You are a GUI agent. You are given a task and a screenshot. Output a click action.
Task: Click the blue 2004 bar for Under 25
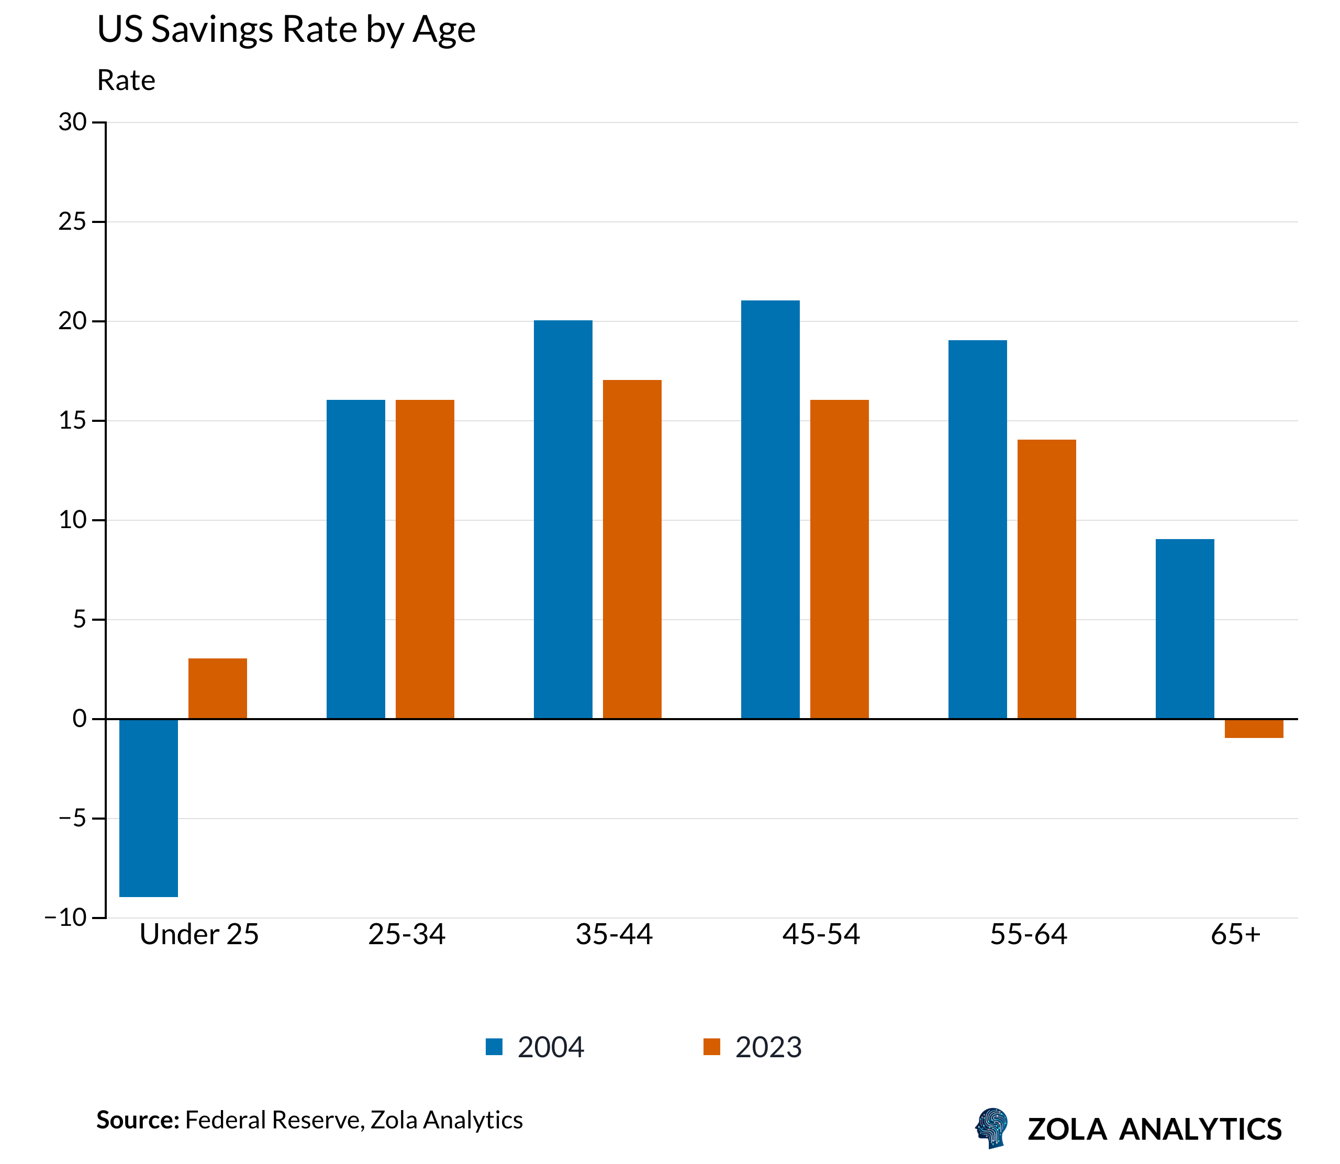[x=149, y=808]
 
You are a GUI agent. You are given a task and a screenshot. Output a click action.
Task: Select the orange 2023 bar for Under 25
[x=218, y=689]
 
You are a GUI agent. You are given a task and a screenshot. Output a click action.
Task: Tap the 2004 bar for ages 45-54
[x=770, y=510]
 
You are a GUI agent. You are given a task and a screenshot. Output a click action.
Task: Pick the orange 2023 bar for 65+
[x=1254, y=728]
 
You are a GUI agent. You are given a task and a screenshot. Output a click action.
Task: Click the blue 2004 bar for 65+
[x=1185, y=629]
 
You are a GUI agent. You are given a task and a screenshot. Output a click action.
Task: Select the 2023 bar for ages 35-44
[x=632, y=550]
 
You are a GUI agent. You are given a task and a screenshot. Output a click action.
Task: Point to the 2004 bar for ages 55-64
[x=978, y=529]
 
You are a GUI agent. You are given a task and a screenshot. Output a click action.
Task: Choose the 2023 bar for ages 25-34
[x=425, y=559]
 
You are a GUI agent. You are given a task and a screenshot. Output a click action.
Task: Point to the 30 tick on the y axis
[x=73, y=122]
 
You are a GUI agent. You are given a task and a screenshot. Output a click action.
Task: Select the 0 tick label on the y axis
[x=79, y=719]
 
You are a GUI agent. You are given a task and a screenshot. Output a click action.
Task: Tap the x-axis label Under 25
[x=199, y=935]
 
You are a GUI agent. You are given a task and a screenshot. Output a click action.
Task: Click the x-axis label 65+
[x=1235, y=935]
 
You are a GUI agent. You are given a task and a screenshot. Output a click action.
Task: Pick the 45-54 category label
[x=821, y=935]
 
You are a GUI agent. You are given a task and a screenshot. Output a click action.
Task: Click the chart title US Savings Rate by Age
[x=286, y=30]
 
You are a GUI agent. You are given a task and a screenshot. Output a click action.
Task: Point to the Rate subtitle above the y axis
[x=126, y=81]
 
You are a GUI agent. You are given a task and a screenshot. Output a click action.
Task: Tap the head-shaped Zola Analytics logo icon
[x=992, y=1128]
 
